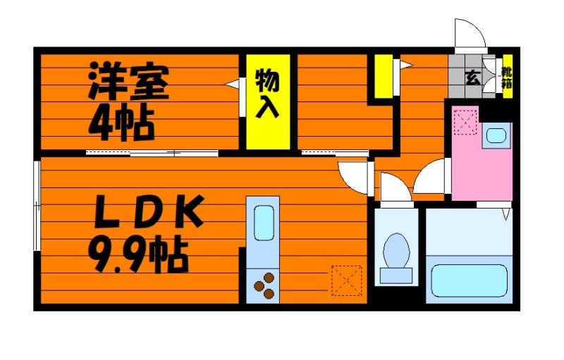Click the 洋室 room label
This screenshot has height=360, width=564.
128,82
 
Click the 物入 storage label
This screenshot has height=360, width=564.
268,92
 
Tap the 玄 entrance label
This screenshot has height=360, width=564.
472,78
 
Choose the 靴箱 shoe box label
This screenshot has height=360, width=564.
506,77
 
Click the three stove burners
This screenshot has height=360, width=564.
264,285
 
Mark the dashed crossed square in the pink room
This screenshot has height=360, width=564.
465,122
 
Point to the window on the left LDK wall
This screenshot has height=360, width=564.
37,204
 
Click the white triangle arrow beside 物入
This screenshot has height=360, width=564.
232,85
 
